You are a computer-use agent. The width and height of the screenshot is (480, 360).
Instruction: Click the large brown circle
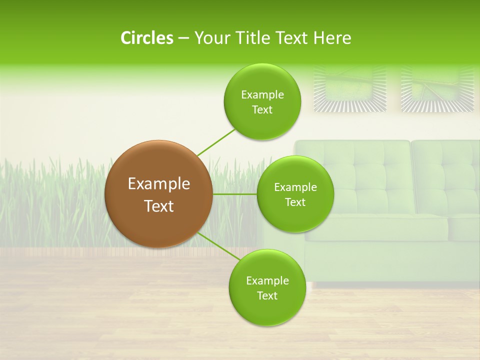tap(158, 194)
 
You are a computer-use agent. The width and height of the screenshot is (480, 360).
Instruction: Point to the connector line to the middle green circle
tap(234, 194)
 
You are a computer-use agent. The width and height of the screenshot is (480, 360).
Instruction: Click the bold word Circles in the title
tap(147, 38)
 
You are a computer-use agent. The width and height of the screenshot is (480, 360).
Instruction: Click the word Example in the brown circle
tap(159, 184)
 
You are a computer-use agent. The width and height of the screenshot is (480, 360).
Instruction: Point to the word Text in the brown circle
tap(159, 206)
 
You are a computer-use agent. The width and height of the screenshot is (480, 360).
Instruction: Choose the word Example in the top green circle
tap(262, 95)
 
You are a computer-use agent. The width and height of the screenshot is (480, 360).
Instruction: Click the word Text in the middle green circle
tap(295, 202)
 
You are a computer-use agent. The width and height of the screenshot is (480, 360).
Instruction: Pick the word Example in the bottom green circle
tap(267, 281)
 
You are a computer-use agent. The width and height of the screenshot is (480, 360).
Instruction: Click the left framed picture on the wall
tap(350, 88)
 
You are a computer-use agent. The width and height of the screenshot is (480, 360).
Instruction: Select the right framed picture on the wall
tap(437, 88)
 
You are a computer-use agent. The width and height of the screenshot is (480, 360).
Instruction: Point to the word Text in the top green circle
tap(262, 110)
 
